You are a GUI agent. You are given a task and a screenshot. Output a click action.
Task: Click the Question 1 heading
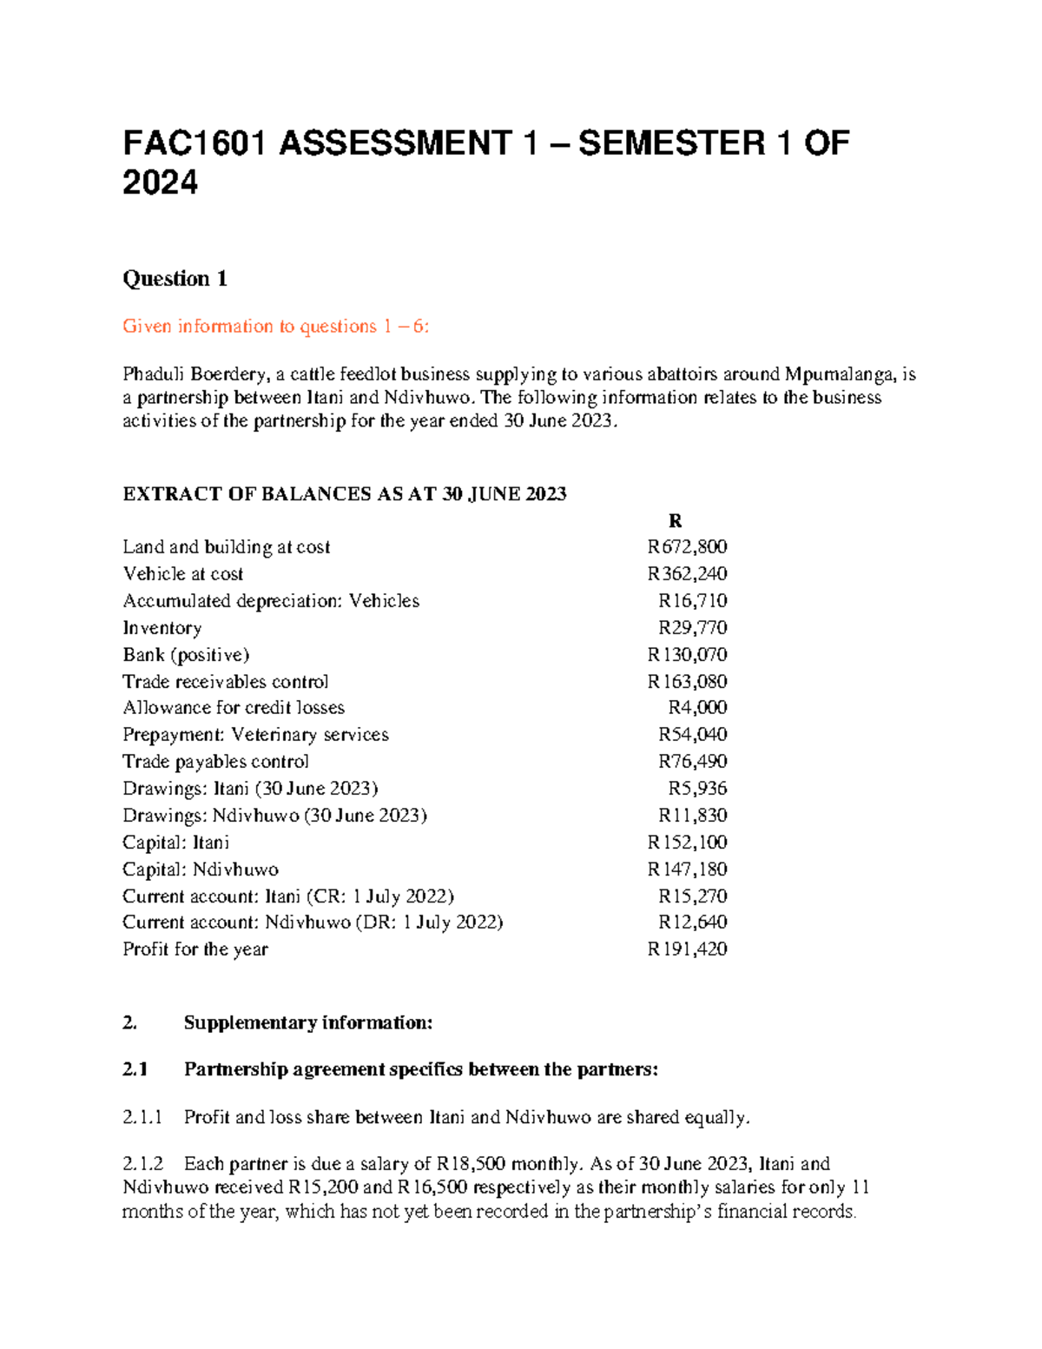(x=175, y=279)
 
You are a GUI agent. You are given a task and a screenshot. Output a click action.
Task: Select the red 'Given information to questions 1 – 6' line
(x=276, y=327)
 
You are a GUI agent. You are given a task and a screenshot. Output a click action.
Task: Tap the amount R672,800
(x=687, y=547)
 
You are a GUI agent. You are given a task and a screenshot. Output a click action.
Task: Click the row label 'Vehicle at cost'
(x=183, y=574)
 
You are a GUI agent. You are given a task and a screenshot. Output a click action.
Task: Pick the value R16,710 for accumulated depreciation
(x=692, y=601)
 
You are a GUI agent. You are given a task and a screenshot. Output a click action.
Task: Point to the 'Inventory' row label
(x=162, y=628)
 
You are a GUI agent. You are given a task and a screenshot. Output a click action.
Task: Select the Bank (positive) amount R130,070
(x=687, y=655)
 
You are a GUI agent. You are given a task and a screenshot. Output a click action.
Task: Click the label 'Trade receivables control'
(x=226, y=682)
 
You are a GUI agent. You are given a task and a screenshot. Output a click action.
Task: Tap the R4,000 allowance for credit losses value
(x=697, y=708)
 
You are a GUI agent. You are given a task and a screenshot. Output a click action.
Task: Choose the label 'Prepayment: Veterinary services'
(x=255, y=735)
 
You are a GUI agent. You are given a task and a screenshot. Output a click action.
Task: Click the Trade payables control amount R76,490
(x=692, y=762)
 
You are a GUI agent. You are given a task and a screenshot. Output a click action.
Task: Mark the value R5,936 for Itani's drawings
(x=697, y=789)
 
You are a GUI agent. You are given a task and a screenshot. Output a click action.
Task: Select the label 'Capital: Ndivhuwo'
(x=201, y=870)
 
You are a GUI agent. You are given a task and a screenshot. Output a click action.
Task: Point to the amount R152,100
(x=687, y=843)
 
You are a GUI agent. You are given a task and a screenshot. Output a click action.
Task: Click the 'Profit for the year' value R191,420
(x=687, y=949)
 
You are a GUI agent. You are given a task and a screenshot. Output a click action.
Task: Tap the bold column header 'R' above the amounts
(x=675, y=521)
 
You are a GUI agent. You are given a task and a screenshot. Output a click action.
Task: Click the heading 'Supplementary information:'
(x=307, y=1023)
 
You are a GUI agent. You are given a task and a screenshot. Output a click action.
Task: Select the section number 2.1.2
(x=142, y=1164)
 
